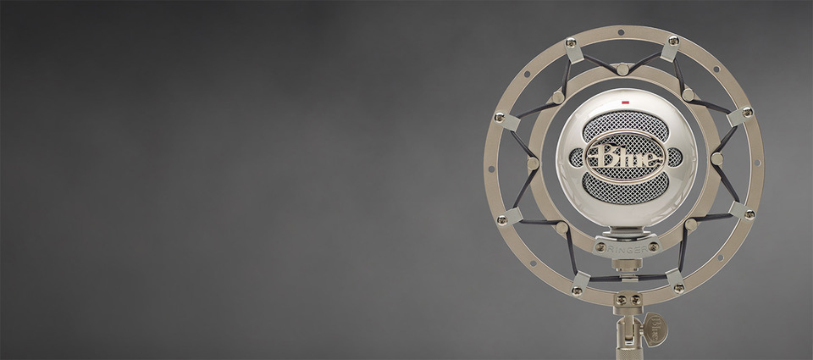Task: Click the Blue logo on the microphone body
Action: click(x=624, y=157)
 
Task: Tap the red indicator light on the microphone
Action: click(x=625, y=102)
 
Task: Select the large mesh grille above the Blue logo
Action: click(x=625, y=125)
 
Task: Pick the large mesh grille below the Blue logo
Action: click(x=625, y=187)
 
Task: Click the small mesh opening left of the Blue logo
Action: click(x=576, y=158)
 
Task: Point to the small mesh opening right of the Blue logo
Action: click(x=675, y=158)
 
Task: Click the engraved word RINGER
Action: click(x=628, y=250)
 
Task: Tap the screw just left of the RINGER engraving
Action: click(x=600, y=247)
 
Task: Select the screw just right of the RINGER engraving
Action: click(x=653, y=246)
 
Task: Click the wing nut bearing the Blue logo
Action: click(x=655, y=329)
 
